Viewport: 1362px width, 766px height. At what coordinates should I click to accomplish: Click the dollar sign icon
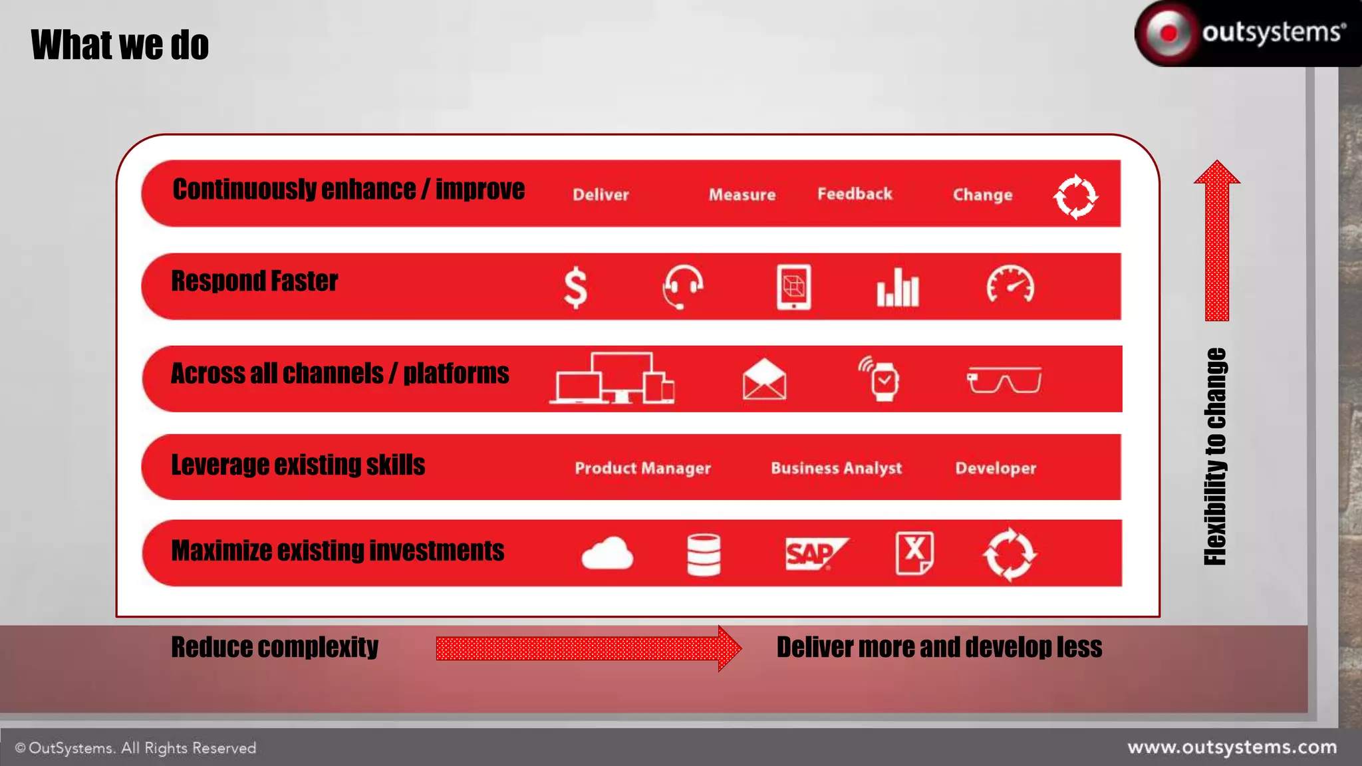coord(575,288)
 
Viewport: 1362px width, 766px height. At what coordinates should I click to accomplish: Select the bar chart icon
coord(898,288)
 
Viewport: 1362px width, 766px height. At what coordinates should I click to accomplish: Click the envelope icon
coord(764,380)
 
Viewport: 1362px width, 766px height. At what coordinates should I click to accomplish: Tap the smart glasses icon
coord(1004,380)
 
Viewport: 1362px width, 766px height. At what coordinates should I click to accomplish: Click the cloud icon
coord(607,553)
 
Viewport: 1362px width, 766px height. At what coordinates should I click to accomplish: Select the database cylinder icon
coord(704,555)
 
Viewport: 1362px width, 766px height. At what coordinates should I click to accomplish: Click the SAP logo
coord(815,553)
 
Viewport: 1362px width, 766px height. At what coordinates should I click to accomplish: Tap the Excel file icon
coord(914,553)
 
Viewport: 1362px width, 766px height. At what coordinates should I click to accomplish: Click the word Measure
coord(742,195)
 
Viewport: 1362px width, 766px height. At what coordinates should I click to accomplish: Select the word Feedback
coord(855,194)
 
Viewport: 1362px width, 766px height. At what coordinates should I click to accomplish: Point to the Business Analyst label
coord(836,468)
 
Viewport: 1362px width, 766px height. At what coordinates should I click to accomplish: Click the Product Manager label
coord(642,468)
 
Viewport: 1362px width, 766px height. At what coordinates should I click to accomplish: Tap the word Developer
coord(996,468)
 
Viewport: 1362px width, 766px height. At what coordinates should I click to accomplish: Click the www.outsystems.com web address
coord(1232,747)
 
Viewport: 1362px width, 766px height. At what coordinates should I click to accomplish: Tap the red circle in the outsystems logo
coord(1168,33)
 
